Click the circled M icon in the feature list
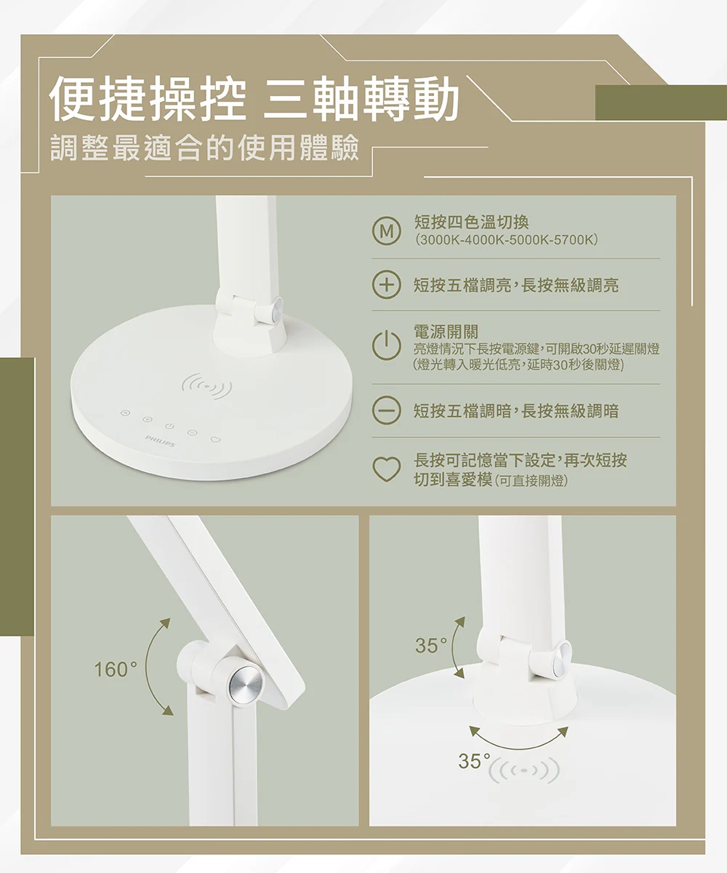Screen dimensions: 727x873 pos(387,231)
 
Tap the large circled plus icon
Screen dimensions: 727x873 pos(387,285)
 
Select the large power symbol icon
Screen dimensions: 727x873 pos(387,346)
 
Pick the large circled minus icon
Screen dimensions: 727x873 pos(387,410)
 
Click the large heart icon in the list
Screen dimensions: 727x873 pos(387,469)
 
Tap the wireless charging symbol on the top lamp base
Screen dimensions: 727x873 pos(207,385)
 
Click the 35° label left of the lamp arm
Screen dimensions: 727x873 pos(431,645)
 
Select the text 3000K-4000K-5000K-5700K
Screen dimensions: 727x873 pos(507,240)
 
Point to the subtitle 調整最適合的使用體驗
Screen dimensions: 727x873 pos(204,148)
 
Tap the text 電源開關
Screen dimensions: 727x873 pos(446,332)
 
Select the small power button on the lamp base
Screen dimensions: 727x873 pos(169,426)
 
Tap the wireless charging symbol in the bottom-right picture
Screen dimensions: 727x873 pos(524,770)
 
